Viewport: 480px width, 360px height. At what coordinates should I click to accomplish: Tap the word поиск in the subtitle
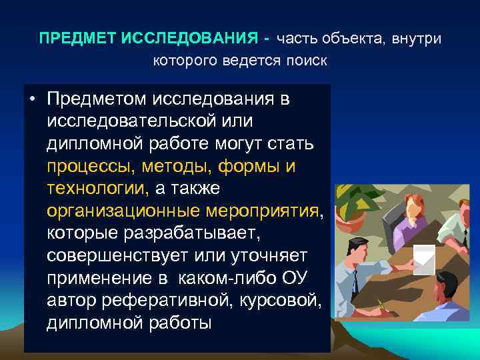pos(306,61)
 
